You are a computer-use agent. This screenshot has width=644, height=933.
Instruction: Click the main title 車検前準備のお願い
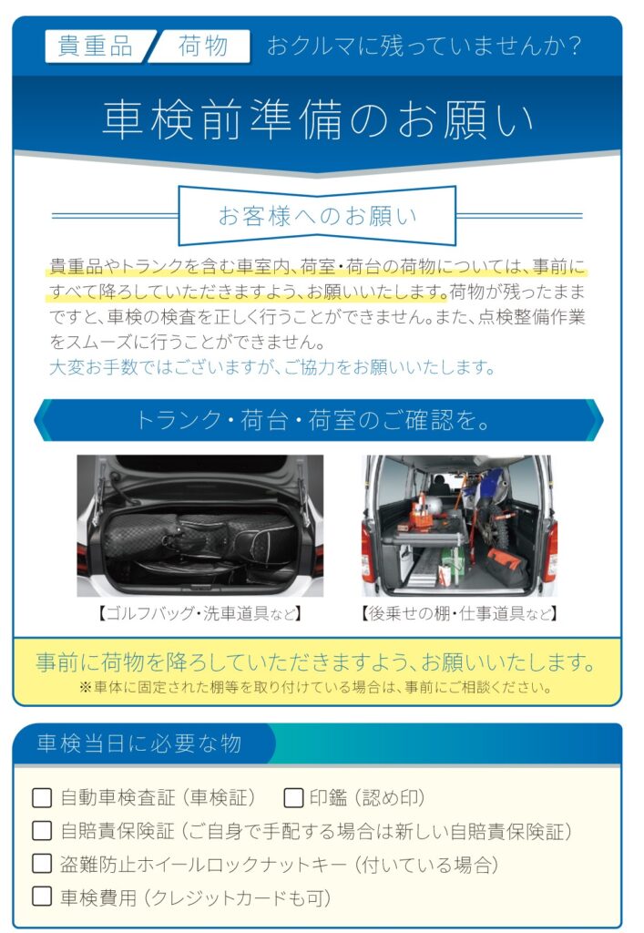click(x=318, y=119)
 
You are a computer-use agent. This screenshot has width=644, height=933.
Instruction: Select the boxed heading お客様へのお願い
click(x=318, y=215)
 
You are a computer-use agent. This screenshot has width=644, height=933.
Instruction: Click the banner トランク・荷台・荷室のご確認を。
click(x=319, y=420)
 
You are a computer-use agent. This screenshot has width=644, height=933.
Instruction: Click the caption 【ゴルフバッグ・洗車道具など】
click(x=199, y=613)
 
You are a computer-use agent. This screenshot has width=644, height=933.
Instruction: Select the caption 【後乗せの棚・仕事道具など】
click(x=459, y=613)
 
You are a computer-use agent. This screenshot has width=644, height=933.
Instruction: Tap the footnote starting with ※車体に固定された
click(x=316, y=687)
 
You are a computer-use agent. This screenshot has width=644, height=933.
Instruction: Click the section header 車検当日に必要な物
click(x=139, y=743)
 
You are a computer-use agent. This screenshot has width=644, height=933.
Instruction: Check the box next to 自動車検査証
click(x=42, y=798)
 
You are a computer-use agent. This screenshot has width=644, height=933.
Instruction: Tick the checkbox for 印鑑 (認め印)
click(x=293, y=798)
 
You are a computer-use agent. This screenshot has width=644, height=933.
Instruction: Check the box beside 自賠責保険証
click(x=42, y=831)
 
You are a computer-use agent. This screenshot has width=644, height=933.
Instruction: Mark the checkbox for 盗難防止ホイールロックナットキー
click(x=42, y=864)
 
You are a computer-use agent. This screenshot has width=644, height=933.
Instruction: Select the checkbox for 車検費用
click(x=42, y=897)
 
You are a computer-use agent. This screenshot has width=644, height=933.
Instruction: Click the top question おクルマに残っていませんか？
click(x=424, y=46)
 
